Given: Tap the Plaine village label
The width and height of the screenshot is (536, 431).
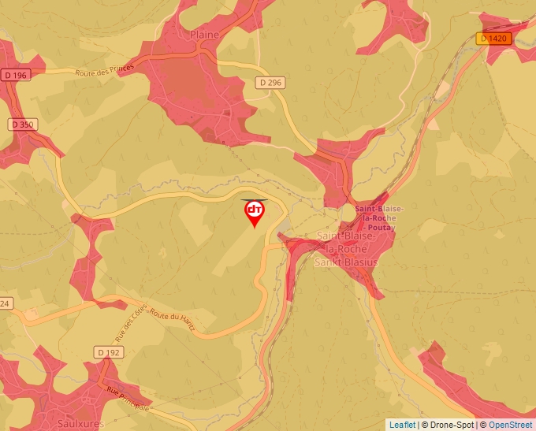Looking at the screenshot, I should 205,35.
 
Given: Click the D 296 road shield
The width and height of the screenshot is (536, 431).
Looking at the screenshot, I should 270,82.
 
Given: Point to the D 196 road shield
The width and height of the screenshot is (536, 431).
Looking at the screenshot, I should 15,75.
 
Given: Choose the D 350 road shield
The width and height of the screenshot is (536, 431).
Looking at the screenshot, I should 23,124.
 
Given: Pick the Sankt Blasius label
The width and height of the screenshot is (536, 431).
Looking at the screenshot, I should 346,262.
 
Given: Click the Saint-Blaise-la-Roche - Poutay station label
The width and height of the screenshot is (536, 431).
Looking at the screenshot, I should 379,217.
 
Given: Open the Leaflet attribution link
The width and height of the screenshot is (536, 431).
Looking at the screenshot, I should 402,425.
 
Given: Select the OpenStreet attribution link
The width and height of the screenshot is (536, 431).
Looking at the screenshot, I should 510,425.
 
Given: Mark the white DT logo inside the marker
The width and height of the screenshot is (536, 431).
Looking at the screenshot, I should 255,209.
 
